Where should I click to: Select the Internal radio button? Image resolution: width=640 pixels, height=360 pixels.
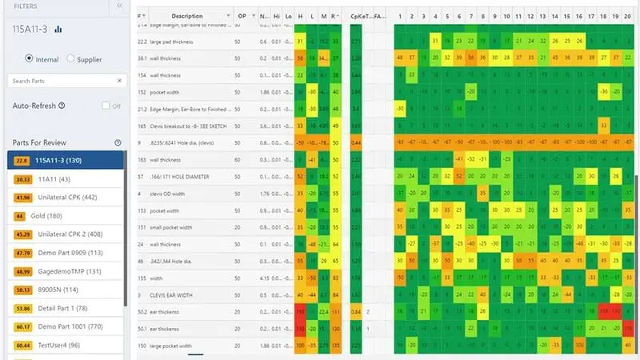coord(30,58)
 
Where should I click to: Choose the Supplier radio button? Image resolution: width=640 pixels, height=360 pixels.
coord(70,58)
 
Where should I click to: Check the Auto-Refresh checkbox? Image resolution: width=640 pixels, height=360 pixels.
coord(106,106)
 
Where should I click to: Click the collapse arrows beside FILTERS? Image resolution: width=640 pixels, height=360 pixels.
coord(119,6)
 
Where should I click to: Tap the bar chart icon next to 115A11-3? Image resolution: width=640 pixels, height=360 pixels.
coord(58,30)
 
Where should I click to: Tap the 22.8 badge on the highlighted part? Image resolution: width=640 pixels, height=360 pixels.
coord(22,161)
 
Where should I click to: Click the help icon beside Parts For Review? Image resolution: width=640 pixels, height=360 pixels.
coord(118,142)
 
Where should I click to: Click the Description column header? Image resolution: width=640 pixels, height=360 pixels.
coord(187,16)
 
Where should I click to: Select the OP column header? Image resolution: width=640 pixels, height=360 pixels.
coord(242,16)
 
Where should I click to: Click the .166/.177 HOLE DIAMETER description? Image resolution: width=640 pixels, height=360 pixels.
coord(179,176)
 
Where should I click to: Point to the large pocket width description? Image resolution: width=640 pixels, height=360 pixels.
coord(171,346)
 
